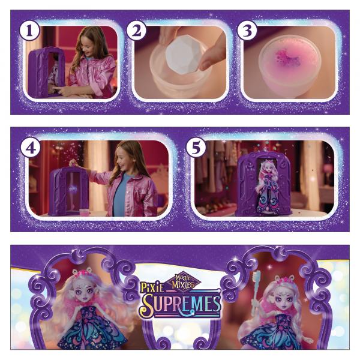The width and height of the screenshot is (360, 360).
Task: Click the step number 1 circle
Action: point(29,31)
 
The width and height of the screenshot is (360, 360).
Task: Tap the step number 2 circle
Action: point(136,31)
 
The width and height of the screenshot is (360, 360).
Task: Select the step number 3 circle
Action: point(247,31)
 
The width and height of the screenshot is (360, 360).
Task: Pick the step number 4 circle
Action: point(31,148)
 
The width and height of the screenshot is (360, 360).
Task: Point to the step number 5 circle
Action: point(196,148)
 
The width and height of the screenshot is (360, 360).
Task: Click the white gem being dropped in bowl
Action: point(183,57)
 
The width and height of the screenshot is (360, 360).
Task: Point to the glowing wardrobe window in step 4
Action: point(73,190)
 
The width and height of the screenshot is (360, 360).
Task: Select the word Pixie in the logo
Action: point(152,287)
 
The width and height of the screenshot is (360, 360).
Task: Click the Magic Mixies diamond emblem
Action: point(184,281)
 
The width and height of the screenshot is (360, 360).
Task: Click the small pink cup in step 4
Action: point(86,212)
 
